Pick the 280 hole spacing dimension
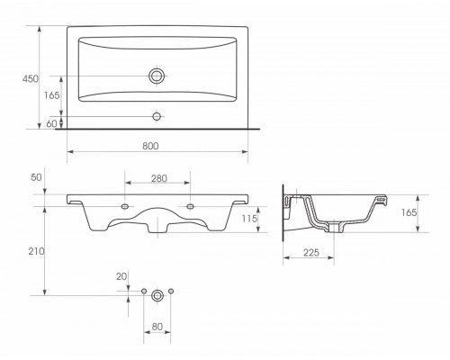pos(158,179)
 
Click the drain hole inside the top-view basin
pos(158,76)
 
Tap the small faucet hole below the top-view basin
pos(158,116)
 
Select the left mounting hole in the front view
pos(124,207)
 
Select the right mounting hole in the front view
pos(192,207)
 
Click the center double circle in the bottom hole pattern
pos(158,294)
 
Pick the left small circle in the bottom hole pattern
pos(144,292)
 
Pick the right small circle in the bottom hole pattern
pos(172,292)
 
